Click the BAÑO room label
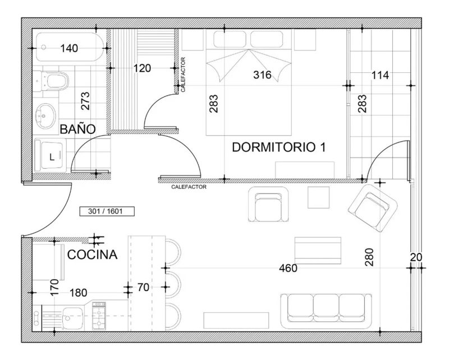pyautogui.click(x=77, y=130)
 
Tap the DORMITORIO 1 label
pyautogui.click(x=278, y=147)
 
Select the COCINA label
pyautogui.click(x=92, y=255)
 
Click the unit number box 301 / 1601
pyautogui.click(x=107, y=211)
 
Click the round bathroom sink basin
pyautogui.click(x=45, y=116)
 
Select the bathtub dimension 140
pyautogui.click(x=69, y=48)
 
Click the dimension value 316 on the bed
pyautogui.click(x=262, y=75)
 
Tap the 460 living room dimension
pyautogui.click(x=288, y=268)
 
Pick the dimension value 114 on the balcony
pyautogui.click(x=380, y=75)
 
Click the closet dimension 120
pyautogui.click(x=143, y=68)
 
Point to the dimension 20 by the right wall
pyautogui.click(x=416, y=257)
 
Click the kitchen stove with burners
pyautogui.click(x=99, y=316)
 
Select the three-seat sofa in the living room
pyautogui.click(x=326, y=311)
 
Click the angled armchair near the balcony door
pyautogui.click(x=373, y=208)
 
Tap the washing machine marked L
pyautogui.click(x=51, y=156)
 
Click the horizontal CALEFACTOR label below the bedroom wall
pyautogui.click(x=189, y=187)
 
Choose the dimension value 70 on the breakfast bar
pyautogui.click(x=143, y=287)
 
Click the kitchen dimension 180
pyautogui.click(x=79, y=293)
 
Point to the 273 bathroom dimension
pyautogui.click(x=85, y=101)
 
